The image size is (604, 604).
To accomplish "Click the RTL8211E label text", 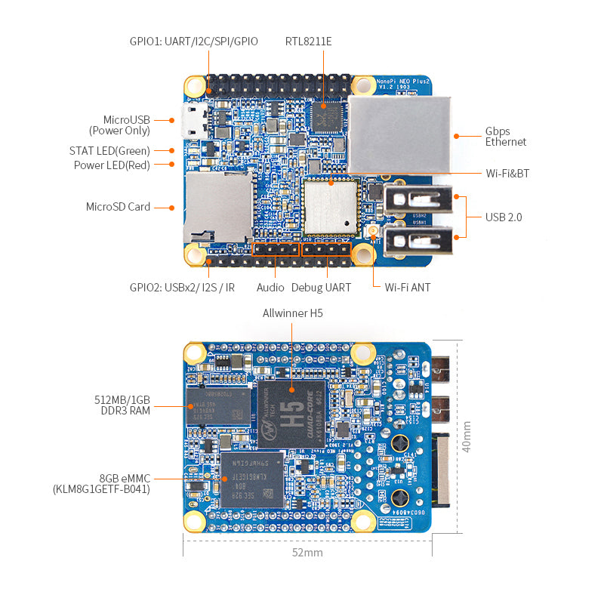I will [308, 41].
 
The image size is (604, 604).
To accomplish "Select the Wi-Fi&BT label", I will [507, 174].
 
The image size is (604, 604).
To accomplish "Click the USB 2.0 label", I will [504, 217].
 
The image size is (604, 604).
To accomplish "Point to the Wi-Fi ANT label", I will [408, 288].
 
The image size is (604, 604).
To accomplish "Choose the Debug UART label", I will [321, 288].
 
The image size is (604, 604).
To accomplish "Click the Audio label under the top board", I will [270, 288].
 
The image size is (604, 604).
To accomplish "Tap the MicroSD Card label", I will [118, 207].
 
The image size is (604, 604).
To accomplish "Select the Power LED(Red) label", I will [112, 165].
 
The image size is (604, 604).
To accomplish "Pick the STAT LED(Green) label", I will [109, 151].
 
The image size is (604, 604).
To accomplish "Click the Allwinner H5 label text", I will [292, 313].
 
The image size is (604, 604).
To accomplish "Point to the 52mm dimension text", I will [307, 553].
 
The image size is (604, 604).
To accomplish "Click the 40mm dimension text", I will [467, 436].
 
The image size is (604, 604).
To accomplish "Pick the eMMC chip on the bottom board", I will [253, 480].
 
